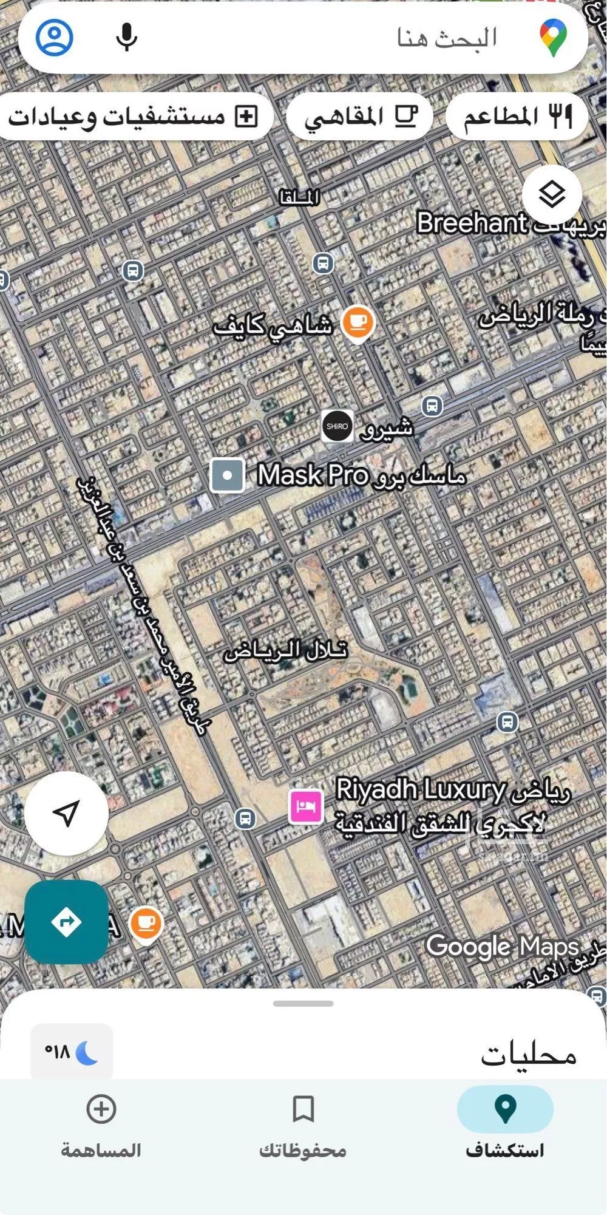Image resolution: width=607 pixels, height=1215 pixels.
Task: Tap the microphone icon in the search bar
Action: pos(126,38)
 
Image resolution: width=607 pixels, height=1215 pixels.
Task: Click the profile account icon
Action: pos(55,38)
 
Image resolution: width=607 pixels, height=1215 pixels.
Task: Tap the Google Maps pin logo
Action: pos(553,38)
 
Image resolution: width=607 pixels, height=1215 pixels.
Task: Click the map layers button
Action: pos(552,195)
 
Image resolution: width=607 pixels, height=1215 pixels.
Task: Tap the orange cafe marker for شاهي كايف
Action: pos(357,322)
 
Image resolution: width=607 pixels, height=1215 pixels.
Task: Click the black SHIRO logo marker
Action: pos(337,426)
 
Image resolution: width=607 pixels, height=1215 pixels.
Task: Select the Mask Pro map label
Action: pos(313,475)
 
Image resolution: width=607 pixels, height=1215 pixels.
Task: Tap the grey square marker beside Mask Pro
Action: pos(227,475)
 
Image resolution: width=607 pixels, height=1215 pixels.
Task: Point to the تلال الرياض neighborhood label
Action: pos(285,651)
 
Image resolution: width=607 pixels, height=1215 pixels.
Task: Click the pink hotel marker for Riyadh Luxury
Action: pos(306,806)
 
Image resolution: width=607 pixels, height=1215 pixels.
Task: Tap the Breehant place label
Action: pos(472,223)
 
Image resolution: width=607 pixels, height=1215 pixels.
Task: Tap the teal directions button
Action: pos(66,922)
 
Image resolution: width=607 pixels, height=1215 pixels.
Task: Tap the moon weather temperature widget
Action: pos(72,1051)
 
